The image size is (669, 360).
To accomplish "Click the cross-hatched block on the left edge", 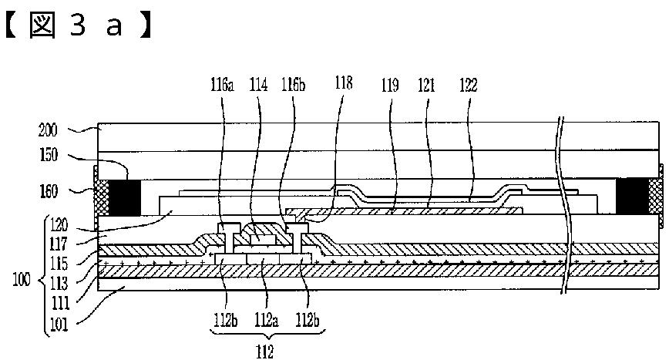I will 100,197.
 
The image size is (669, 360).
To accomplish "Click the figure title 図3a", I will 78,25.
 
